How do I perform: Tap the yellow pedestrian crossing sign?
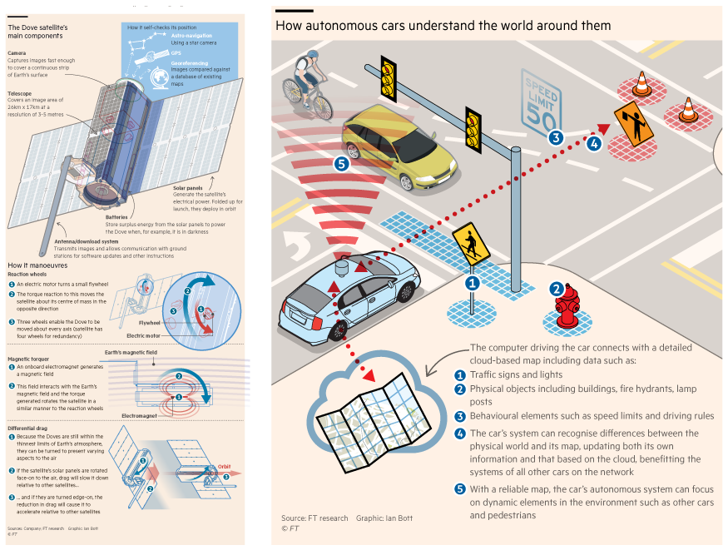click(470, 244)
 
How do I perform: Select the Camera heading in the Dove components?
click(17, 52)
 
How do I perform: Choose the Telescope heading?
click(20, 94)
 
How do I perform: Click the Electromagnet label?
click(141, 414)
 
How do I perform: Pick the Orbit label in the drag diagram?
click(226, 465)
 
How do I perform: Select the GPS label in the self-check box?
click(176, 52)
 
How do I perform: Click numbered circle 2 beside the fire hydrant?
click(556, 290)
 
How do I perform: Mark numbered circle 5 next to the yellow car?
click(339, 163)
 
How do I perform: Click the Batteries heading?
click(116, 217)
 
